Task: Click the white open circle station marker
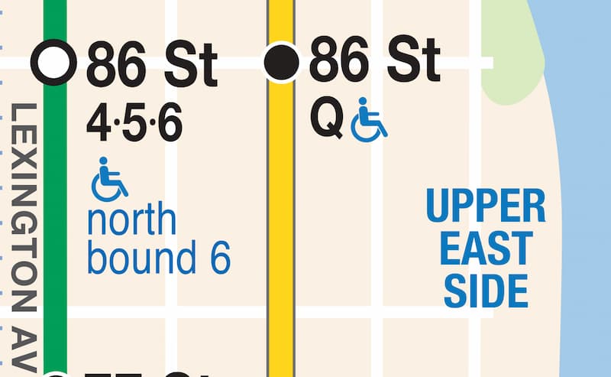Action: click(x=54, y=62)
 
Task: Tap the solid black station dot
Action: click(x=281, y=62)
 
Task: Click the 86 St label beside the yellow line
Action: click(x=374, y=61)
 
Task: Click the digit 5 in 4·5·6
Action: click(x=135, y=125)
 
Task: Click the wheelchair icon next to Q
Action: click(x=369, y=123)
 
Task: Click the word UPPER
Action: click(x=486, y=206)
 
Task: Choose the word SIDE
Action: click(x=487, y=290)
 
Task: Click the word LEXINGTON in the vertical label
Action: click(x=26, y=206)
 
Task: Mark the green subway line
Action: click(x=55, y=229)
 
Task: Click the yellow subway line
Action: click(x=282, y=229)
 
